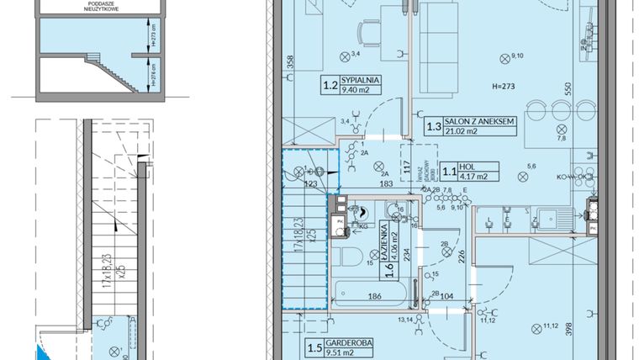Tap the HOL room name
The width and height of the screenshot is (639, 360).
(x=467, y=166)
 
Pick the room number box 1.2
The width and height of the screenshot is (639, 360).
(x=330, y=84)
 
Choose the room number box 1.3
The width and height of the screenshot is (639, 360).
(x=433, y=127)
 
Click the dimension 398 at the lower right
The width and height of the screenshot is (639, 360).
(x=568, y=329)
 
